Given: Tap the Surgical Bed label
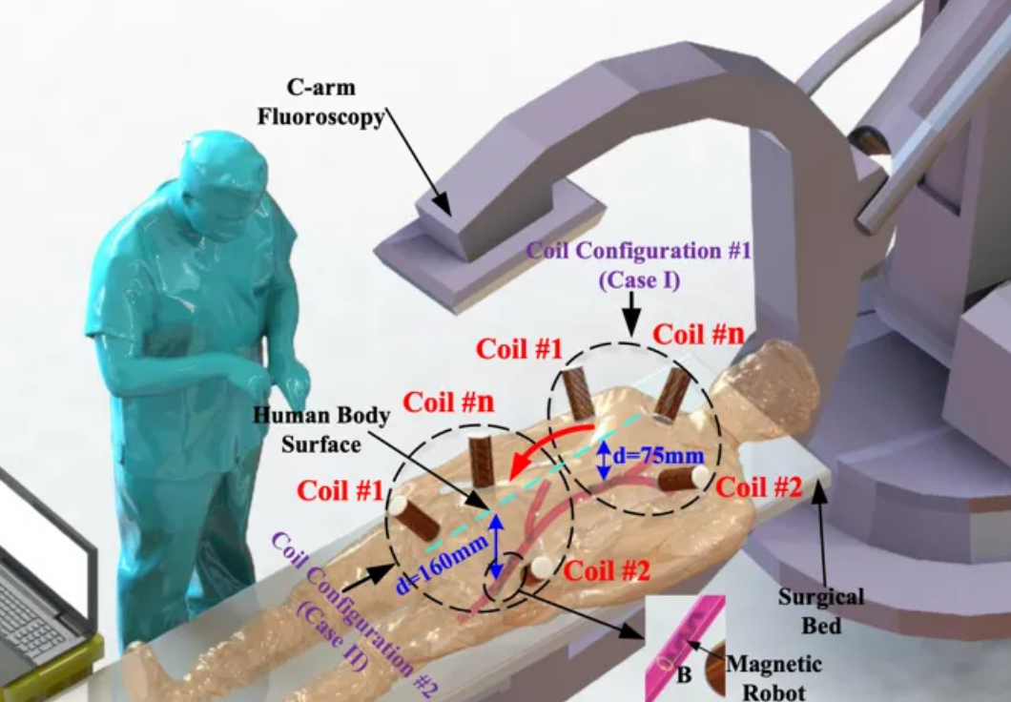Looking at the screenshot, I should [x=821, y=611].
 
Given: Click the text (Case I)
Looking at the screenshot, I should [x=633, y=280].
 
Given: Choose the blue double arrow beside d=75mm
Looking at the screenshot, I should [x=603, y=460].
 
